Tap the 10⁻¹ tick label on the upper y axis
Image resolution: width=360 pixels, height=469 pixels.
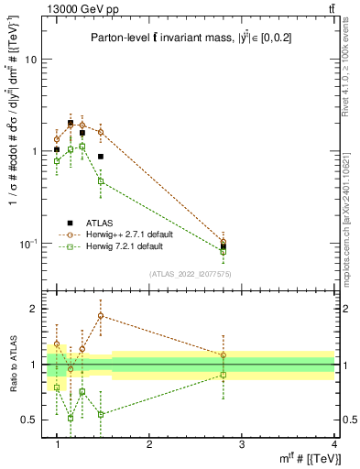click(x=30, y=244)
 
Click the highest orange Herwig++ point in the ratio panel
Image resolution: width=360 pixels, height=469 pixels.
click(x=101, y=315)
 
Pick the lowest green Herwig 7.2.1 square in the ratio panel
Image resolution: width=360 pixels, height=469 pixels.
click(x=71, y=418)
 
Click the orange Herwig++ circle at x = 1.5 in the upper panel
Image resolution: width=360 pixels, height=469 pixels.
click(x=101, y=132)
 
